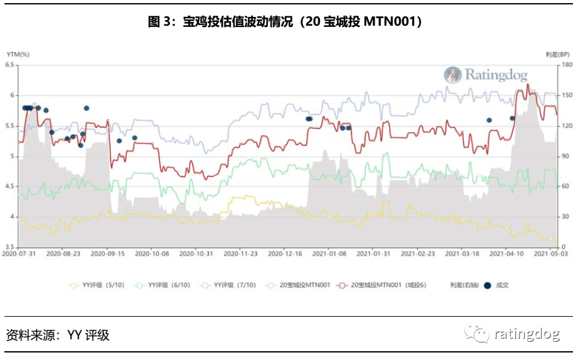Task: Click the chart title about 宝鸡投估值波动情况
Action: pos(289,22)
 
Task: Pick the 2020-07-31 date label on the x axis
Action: pos(19,255)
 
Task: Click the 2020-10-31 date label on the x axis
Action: pos(196,255)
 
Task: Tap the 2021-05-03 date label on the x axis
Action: pos(552,255)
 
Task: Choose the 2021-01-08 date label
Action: pos(329,255)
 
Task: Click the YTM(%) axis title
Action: pos(18,55)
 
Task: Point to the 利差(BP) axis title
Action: pos(557,55)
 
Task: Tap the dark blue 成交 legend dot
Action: pos(486,285)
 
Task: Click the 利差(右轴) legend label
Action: pos(464,285)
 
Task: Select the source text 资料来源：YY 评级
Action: pos(58,335)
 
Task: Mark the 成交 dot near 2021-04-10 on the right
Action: pos(512,118)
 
